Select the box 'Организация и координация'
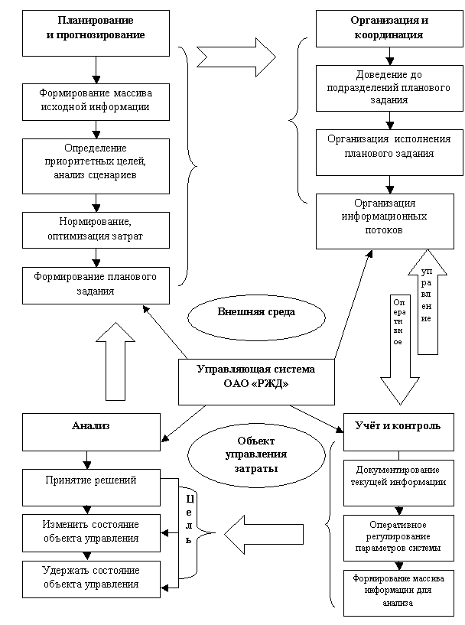click(x=390, y=28)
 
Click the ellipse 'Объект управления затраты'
click(x=256, y=454)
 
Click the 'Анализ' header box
click(x=91, y=432)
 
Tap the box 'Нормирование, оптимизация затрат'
click(x=96, y=229)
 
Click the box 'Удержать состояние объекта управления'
click(x=91, y=578)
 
